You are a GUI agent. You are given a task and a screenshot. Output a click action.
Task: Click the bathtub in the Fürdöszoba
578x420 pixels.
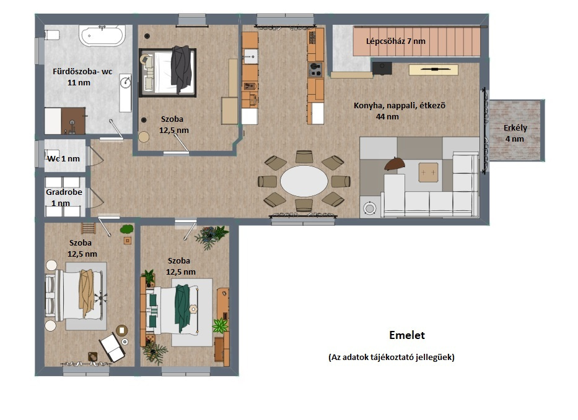click(102, 35)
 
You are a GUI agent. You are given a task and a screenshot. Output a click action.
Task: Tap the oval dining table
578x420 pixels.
click(304, 181)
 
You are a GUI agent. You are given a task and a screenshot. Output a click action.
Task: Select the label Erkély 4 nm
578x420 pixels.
click(515, 133)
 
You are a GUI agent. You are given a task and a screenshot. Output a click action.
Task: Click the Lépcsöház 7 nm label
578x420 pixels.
click(395, 41)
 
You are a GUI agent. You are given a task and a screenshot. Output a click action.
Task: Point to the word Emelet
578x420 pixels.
click(407, 335)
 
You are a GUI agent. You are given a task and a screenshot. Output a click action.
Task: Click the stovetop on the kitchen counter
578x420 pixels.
click(315, 69)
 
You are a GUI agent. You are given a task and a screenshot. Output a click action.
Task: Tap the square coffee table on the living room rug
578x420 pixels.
click(428, 173)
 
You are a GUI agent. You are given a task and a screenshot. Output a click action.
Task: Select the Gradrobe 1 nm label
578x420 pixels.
click(64, 197)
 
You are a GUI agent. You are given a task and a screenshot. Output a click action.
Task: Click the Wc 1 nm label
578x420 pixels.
click(63, 158)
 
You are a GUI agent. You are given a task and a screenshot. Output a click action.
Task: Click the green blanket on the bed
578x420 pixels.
click(183, 308)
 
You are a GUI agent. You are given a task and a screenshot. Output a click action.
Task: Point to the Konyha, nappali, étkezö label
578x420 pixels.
click(400, 106)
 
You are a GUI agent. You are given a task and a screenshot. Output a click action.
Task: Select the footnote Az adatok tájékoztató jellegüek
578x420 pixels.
click(392, 357)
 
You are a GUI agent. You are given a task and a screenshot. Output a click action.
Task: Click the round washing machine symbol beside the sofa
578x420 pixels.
click(369, 208)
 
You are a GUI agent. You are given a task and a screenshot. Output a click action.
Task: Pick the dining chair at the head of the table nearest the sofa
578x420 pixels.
click(341, 181)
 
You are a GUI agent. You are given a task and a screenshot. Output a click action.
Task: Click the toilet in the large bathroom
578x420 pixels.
click(52, 35)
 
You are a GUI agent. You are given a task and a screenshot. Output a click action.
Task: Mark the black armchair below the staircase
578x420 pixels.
click(382, 69)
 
